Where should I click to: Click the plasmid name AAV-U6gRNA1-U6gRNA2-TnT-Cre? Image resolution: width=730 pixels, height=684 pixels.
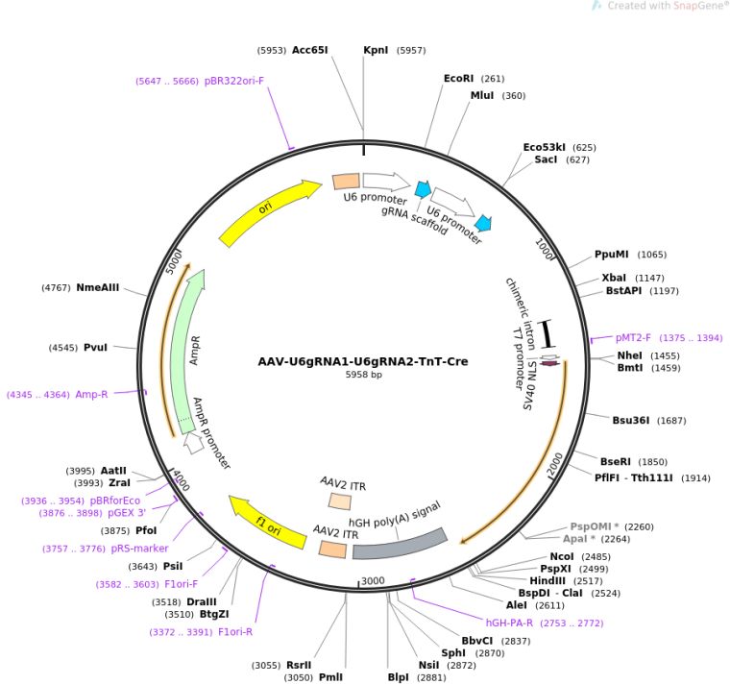click(x=363, y=362)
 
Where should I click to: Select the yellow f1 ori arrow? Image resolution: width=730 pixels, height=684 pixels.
click(x=268, y=522)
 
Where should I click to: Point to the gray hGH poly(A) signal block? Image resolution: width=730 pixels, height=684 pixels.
click(x=400, y=544)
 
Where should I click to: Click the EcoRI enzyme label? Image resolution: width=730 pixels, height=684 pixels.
click(x=460, y=79)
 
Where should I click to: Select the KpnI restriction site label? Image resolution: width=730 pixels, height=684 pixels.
click(x=376, y=49)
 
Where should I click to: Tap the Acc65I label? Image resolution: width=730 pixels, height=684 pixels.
click(x=310, y=49)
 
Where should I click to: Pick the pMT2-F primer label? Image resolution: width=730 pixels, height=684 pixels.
click(x=634, y=338)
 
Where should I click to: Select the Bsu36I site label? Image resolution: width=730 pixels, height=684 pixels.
click(x=631, y=419)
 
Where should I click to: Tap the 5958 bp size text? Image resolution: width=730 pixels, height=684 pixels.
click(x=363, y=375)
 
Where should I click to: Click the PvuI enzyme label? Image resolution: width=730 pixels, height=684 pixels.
click(x=96, y=347)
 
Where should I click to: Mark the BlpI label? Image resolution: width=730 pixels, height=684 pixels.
click(x=398, y=676)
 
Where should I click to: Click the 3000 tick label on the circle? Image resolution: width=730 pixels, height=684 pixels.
click(x=372, y=580)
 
